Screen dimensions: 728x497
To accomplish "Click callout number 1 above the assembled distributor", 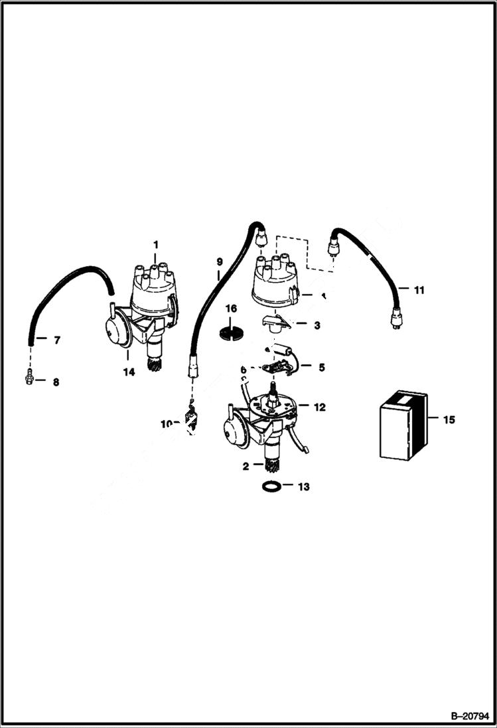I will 155,245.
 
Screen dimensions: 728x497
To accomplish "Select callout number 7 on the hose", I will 56,340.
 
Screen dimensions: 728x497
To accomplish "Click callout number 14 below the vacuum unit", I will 129,372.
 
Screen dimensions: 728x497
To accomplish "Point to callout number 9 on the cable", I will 220,261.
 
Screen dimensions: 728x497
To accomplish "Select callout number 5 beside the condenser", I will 321,366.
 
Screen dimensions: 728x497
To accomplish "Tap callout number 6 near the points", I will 244,370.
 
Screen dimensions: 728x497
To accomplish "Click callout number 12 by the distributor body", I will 320,407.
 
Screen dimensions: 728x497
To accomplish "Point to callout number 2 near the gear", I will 246,466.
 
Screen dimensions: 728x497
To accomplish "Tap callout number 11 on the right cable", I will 419,290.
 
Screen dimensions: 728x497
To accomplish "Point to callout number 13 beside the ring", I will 303,486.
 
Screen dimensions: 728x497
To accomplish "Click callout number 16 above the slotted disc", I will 230,309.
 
